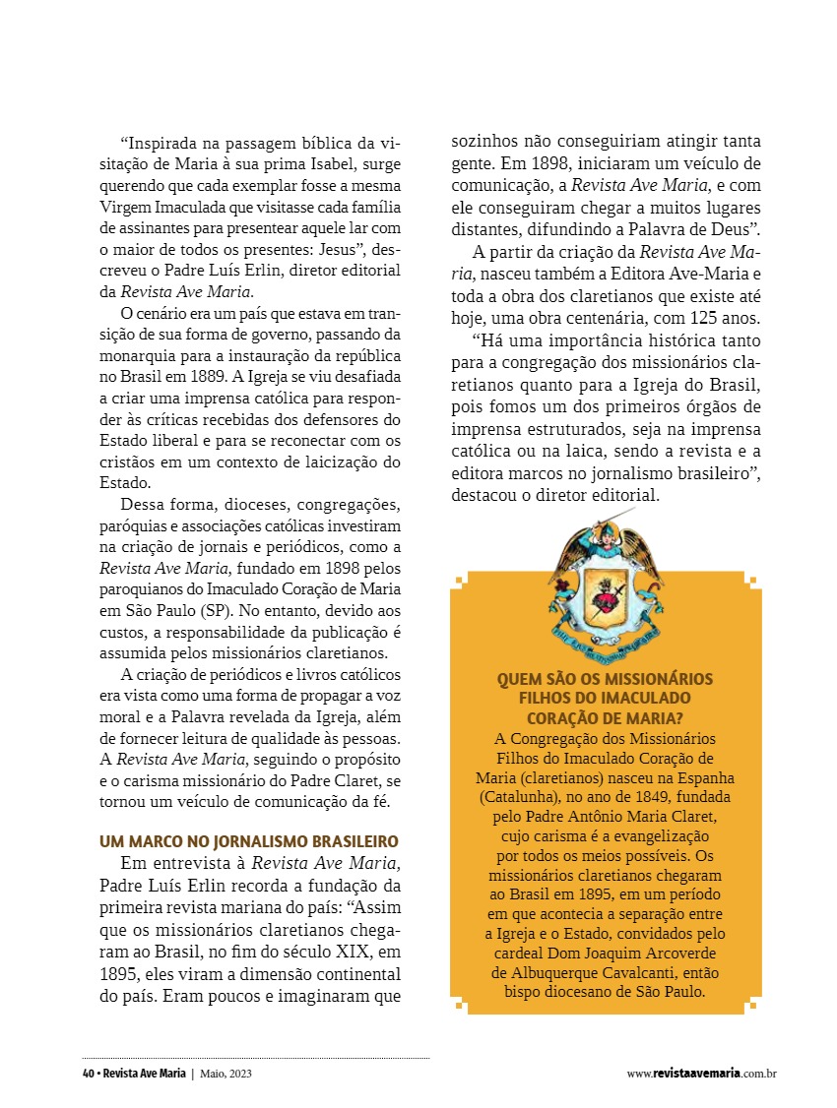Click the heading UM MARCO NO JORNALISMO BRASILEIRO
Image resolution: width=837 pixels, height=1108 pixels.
coord(249,841)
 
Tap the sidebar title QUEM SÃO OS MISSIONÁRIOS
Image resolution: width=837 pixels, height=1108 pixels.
coord(605,680)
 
